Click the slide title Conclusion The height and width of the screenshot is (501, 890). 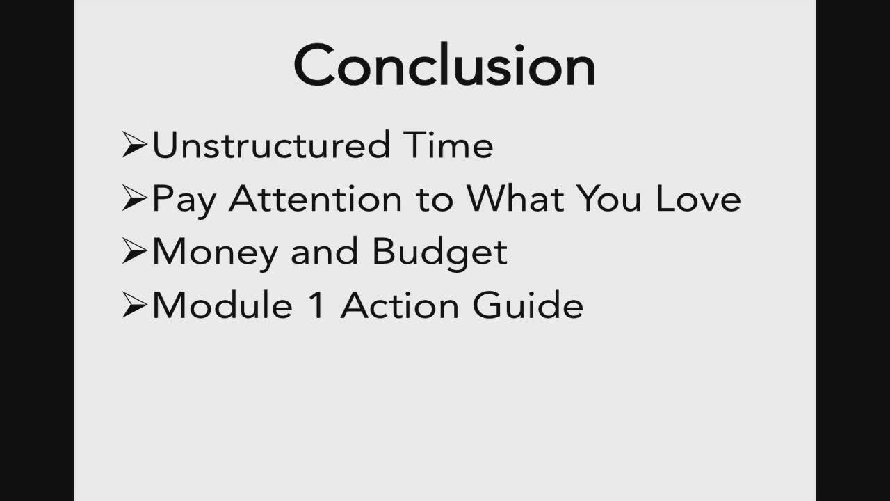(444, 65)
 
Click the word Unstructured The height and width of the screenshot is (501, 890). (271, 145)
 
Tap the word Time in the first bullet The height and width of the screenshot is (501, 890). (448, 145)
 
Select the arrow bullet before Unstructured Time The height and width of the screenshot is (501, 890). (135, 145)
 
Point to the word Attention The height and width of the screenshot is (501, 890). (316, 198)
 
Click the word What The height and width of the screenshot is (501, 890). (515, 198)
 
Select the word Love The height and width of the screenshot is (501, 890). (699, 198)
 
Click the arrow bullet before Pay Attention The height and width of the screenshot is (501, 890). (135, 198)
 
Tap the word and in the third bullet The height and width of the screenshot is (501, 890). (325, 251)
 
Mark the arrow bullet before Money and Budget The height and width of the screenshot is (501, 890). (135, 251)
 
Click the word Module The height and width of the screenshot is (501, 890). (222, 304)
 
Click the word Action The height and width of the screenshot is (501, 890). (400, 304)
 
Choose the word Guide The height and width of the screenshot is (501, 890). (528, 304)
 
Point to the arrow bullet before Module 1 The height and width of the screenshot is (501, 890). (135, 305)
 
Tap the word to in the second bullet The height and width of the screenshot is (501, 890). (435, 200)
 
